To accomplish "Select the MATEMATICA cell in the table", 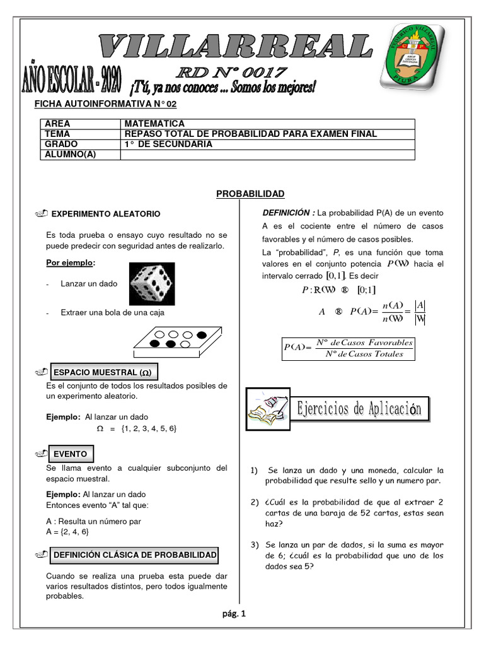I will point(154,124).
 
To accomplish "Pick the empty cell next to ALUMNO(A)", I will point(267,154).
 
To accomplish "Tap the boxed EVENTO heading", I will point(70,454).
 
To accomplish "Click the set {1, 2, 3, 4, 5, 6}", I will point(149,428).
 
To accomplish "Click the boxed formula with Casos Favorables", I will point(349,348).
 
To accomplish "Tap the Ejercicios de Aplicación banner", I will point(359,409).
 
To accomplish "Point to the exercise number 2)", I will point(254,502).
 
